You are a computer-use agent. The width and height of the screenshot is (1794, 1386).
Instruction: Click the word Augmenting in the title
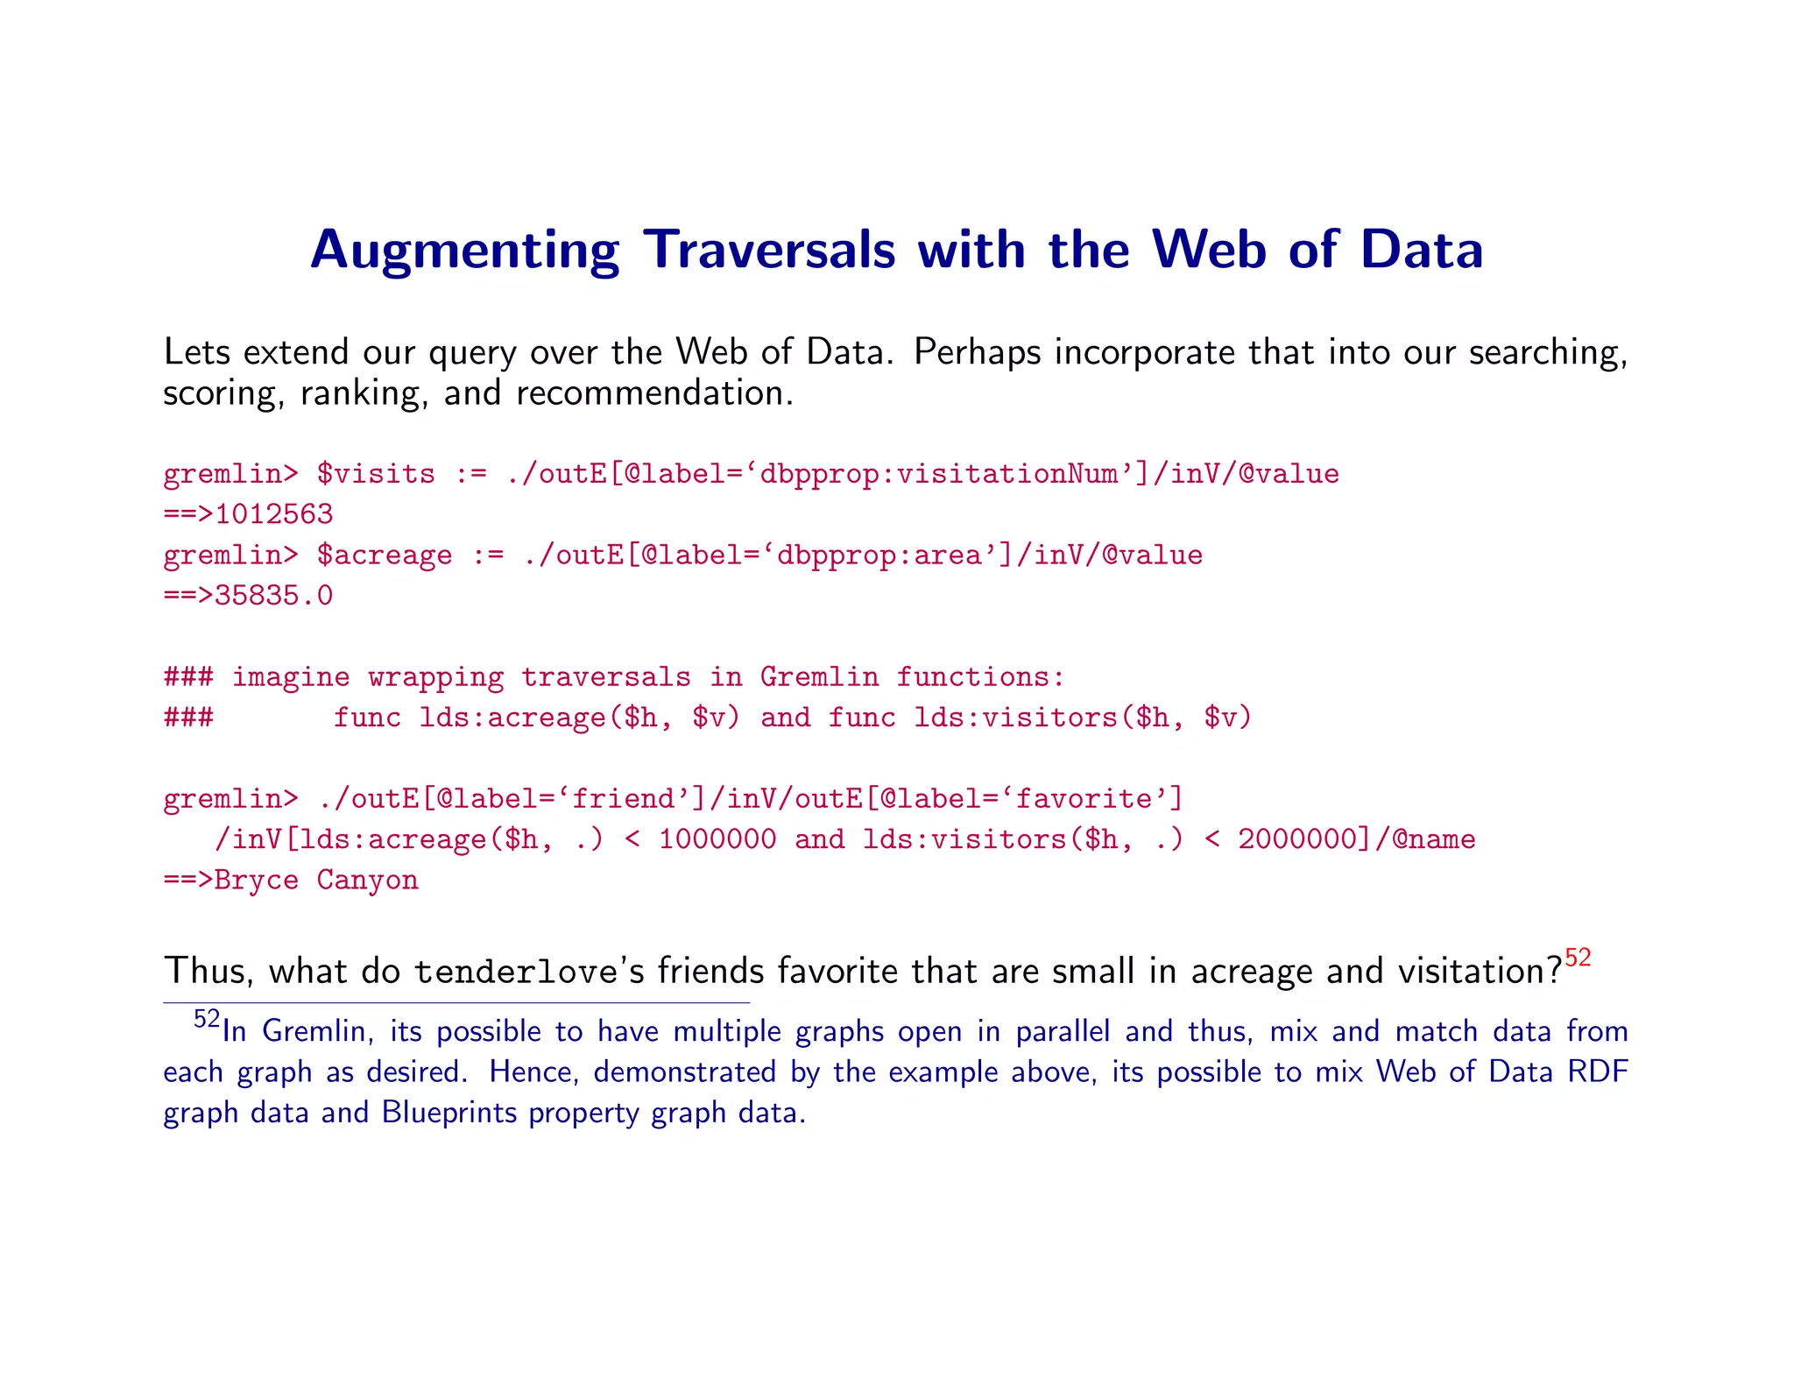464,251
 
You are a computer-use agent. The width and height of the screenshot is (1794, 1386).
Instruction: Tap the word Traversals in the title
769,249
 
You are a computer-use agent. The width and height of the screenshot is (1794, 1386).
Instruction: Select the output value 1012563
273,514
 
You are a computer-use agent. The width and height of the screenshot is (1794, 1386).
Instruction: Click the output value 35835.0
273,596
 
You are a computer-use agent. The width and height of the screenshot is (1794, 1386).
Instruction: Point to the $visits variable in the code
376,474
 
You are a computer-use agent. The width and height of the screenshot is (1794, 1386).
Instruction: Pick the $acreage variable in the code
385,555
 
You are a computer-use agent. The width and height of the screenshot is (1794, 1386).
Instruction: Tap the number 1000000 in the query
717,839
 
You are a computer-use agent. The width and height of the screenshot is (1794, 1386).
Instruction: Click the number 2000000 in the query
1297,839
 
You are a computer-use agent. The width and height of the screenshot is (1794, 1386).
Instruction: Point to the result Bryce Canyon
316,880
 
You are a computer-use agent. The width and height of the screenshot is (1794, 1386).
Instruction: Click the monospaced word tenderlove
516,972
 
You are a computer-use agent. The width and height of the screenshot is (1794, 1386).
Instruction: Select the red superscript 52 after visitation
1578,958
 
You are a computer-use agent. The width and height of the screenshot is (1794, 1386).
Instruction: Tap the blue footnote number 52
207,1019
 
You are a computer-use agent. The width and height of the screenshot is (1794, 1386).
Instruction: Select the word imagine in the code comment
291,677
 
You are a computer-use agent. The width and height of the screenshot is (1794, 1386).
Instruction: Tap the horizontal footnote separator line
456,1002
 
